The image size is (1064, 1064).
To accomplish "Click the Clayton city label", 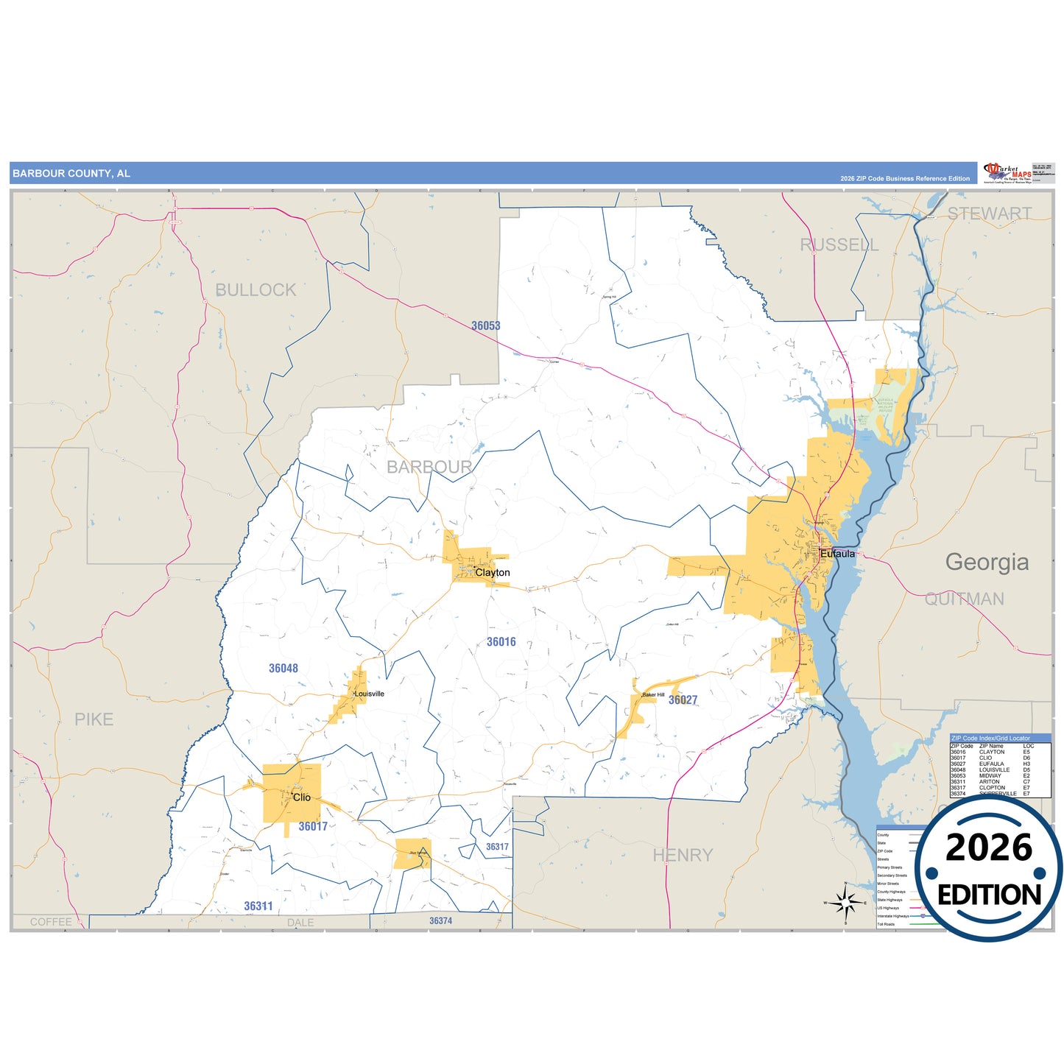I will click(x=493, y=573).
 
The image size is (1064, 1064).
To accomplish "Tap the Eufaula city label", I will click(x=838, y=554).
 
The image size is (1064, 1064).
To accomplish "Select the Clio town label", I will click(x=302, y=797).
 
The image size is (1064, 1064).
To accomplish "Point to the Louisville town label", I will click(x=370, y=694).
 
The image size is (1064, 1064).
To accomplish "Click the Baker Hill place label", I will click(x=653, y=694).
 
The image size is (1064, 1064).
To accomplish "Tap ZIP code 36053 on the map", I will click(x=486, y=325).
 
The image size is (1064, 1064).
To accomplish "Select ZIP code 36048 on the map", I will click(x=283, y=669).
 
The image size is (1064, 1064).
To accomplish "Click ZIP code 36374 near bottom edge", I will click(x=440, y=921).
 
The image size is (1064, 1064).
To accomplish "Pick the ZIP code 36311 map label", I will click(x=258, y=906).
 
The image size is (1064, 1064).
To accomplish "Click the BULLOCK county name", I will click(x=256, y=290).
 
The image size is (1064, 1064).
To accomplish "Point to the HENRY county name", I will click(x=683, y=856).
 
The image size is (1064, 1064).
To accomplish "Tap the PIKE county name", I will click(x=94, y=719).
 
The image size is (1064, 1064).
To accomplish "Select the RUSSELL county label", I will click(x=839, y=245).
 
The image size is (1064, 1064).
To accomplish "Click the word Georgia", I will click(x=987, y=563).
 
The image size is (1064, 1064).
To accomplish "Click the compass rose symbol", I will click(x=846, y=902).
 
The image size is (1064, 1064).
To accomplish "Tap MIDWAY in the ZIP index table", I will click(x=990, y=775).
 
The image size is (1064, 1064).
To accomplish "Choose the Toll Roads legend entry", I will click(x=886, y=924).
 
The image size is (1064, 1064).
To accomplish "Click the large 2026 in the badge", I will click(x=989, y=848).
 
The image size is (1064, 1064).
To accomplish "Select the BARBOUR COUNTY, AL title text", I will click(x=71, y=174).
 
